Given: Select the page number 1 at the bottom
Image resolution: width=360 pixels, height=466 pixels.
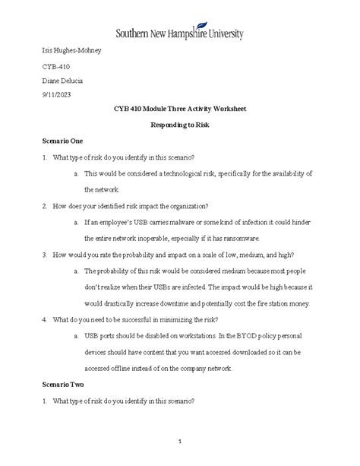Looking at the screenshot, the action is (180, 442).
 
